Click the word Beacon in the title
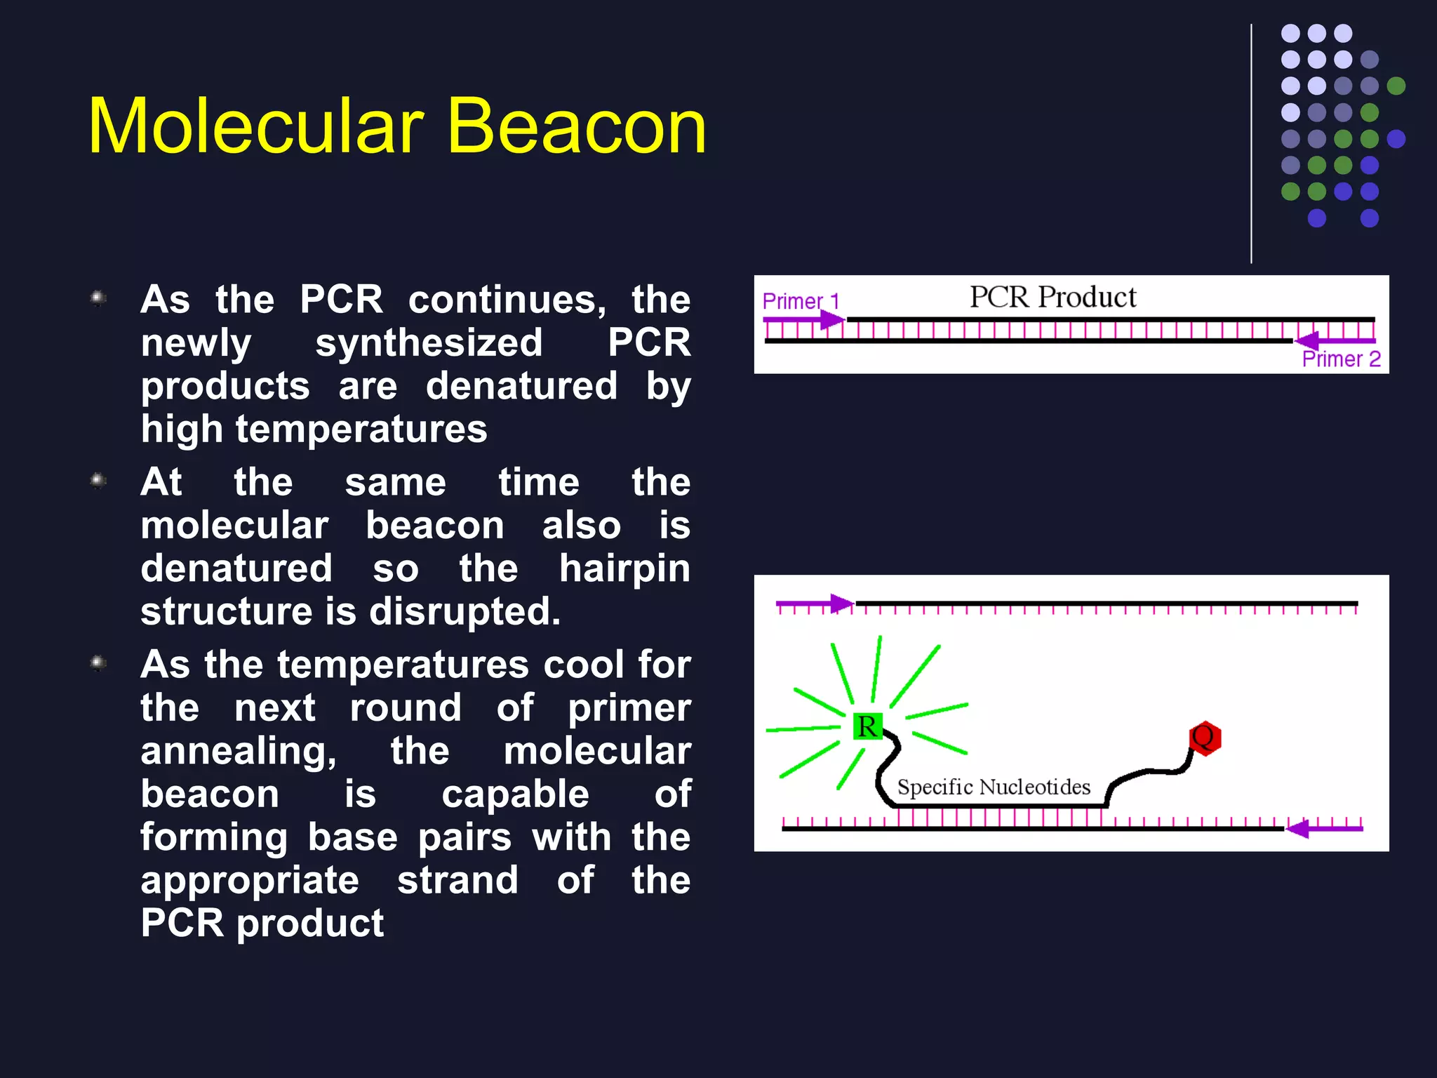[x=575, y=126]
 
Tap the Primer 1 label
[x=800, y=301]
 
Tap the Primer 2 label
[x=1341, y=359]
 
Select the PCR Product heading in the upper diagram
[x=1052, y=297]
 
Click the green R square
[x=867, y=726]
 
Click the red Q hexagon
[x=1205, y=738]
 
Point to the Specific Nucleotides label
[x=994, y=787]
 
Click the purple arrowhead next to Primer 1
[x=833, y=320]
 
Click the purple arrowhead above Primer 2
[x=1306, y=340]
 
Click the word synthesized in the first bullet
[x=429, y=343]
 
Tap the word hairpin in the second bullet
[x=624, y=568]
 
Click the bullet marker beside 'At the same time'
[x=99, y=481]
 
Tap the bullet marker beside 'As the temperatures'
[x=99, y=663]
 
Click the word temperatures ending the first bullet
[x=361, y=429]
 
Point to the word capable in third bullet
[x=515, y=794]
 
